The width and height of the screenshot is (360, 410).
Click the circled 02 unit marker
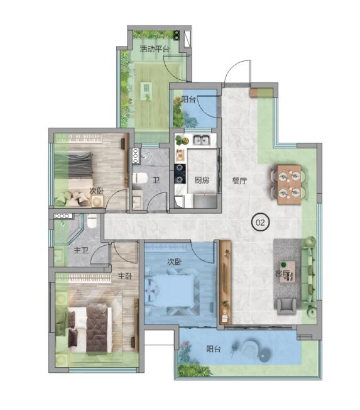tap(260, 223)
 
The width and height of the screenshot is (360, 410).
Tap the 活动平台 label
tap(155, 49)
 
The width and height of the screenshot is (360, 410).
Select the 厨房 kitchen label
tap(202, 180)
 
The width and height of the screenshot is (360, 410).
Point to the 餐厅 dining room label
tap(239, 180)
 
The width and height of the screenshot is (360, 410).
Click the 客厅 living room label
tap(283, 274)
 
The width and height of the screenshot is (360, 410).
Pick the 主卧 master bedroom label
tap(125, 276)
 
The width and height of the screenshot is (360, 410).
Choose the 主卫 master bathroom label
tap(80, 250)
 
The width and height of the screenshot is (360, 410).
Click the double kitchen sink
tap(202, 140)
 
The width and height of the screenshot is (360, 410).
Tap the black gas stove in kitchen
tap(180, 174)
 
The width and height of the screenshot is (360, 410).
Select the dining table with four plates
tap(289, 184)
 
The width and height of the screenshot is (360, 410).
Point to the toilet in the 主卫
tap(92, 221)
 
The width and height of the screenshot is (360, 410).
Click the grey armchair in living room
tap(286, 306)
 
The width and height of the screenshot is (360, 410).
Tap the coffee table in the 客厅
tap(288, 272)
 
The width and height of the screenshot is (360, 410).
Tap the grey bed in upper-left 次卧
tap(80, 165)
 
